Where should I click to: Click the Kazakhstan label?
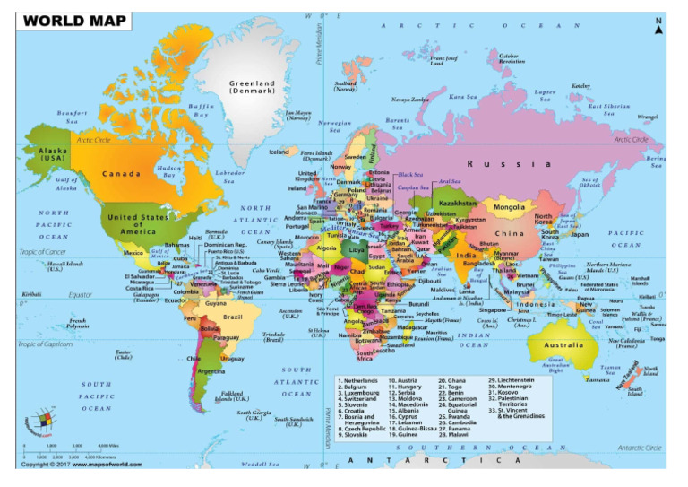459,203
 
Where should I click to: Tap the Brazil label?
233,317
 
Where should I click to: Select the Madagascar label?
405,328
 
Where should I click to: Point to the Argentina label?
211,370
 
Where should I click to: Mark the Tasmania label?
598,379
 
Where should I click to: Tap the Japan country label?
580,234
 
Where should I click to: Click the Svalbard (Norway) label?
345,86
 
